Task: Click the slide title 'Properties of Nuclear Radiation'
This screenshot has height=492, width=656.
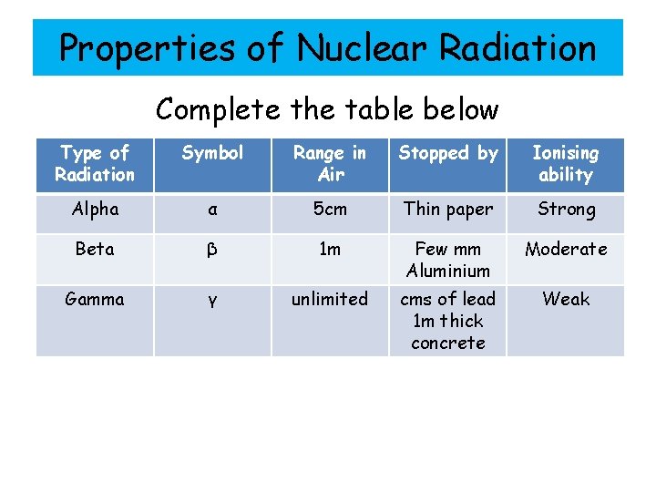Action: click(x=327, y=47)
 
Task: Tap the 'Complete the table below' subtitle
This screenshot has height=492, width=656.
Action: click(x=327, y=109)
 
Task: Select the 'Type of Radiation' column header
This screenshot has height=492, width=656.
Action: click(x=95, y=164)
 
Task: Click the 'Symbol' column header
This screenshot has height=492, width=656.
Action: click(x=212, y=153)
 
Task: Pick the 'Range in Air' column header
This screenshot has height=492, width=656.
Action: click(x=330, y=164)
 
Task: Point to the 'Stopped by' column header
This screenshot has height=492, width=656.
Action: click(x=448, y=153)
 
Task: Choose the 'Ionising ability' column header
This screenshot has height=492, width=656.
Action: click(x=566, y=164)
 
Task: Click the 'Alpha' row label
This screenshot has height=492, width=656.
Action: click(x=95, y=209)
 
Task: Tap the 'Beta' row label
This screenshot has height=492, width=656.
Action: click(x=95, y=249)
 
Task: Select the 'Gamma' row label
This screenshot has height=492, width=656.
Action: click(x=95, y=299)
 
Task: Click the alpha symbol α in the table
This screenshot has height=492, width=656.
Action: click(x=212, y=210)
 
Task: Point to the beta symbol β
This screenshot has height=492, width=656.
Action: click(x=212, y=250)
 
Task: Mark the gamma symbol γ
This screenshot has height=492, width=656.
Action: click(x=212, y=301)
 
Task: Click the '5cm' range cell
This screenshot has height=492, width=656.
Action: click(x=330, y=209)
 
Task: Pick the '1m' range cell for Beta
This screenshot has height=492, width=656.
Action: click(x=330, y=249)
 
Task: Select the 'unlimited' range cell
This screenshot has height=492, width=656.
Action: click(x=330, y=299)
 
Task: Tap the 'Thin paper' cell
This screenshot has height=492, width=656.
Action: click(x=448, y=209)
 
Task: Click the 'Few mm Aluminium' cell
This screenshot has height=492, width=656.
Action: click(x=448, y=260)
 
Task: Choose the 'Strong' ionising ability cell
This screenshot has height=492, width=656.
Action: click(x=566, y=209)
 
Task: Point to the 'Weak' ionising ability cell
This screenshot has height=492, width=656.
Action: click(x=566, y=299)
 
